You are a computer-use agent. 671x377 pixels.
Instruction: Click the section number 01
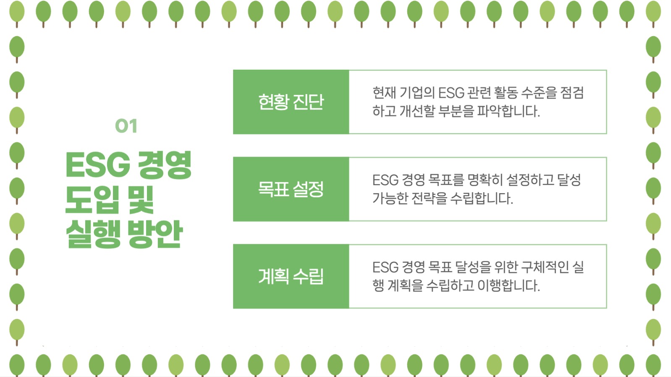click(126, 126)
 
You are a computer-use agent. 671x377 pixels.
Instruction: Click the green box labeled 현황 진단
click(291, 102)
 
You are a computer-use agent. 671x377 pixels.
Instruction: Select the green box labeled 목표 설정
click(291, 189)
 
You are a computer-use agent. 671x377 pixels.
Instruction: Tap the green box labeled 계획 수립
click(291, 276)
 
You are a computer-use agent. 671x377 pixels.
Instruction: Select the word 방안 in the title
click(155, 233)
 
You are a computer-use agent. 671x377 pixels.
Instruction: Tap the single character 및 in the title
click(141, 199)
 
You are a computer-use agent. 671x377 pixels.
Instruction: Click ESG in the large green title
click(98, 165)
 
